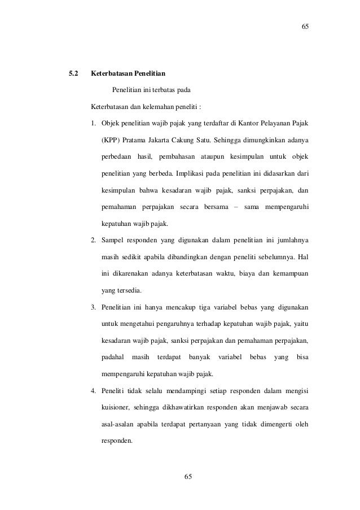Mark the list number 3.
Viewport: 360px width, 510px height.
point(94,307)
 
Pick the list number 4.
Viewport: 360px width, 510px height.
point(94,390)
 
